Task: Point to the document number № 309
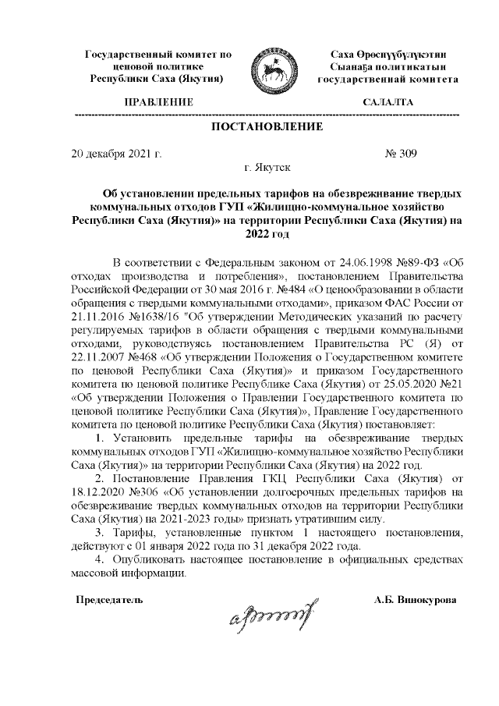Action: (x=401, y=153)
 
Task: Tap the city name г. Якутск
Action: (x=267, y=167)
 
